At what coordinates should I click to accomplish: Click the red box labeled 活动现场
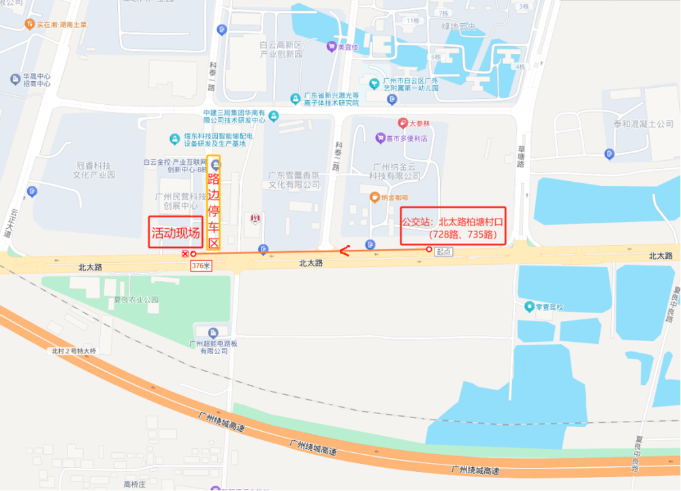pyautogui.click(x=176, y=232)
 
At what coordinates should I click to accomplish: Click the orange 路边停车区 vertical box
pyautogui.click(x=214, y=203)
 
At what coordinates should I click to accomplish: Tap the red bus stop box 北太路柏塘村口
pyautogui.click(x=453, y=225)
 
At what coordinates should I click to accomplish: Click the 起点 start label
pyautogui.click(x=443, y=251)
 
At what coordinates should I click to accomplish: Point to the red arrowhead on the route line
pyautogui.click(x=344, y=251)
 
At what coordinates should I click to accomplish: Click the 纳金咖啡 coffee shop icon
pyautogui.click(x=375, y=197)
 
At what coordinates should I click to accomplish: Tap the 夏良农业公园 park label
pyautogui.click(x=136, y=299)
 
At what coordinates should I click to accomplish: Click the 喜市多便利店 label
pyautogui.click(x=406, y=138)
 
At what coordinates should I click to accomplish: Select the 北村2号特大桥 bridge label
pyautogui.click(x=75, y=351)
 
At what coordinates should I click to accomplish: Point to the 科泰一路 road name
pyautogui.click(x=211, y=76)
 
